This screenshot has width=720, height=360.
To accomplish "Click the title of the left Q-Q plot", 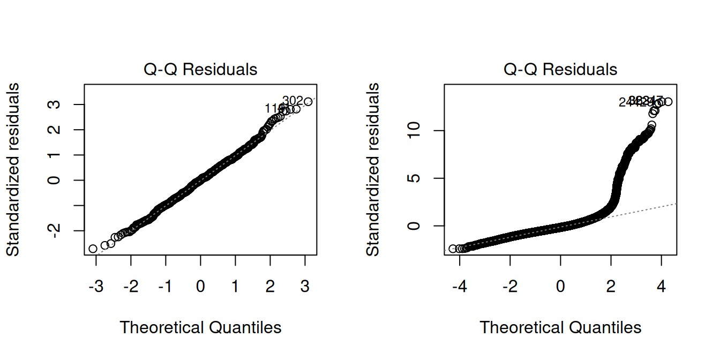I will tap(200, 70).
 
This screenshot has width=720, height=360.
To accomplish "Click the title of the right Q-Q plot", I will tap(560, 70).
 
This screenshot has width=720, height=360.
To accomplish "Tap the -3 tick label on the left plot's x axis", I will tap(96, 287).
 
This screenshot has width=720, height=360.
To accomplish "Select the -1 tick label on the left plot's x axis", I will tap(166, 287).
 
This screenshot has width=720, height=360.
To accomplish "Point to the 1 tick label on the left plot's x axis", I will tap(235, 287).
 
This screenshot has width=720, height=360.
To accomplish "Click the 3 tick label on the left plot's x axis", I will tap(305, 287).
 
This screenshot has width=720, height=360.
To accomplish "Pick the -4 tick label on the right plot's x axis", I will tap(459, 287).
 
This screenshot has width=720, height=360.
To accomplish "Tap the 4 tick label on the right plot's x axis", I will tap(661, 287).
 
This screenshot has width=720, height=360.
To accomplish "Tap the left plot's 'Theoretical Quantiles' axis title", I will tap(200, 327).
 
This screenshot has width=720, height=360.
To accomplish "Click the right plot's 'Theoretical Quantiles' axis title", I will tap(560, 327).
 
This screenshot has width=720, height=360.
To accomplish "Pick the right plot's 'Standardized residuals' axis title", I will tap(373, 169).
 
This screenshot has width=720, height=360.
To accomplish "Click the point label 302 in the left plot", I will tap(292, 101).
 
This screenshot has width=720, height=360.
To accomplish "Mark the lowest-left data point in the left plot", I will tap(93, 249).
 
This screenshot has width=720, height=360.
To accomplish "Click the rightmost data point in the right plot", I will tap(667, 102).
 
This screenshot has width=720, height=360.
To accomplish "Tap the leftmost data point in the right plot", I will tap(453, 249).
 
